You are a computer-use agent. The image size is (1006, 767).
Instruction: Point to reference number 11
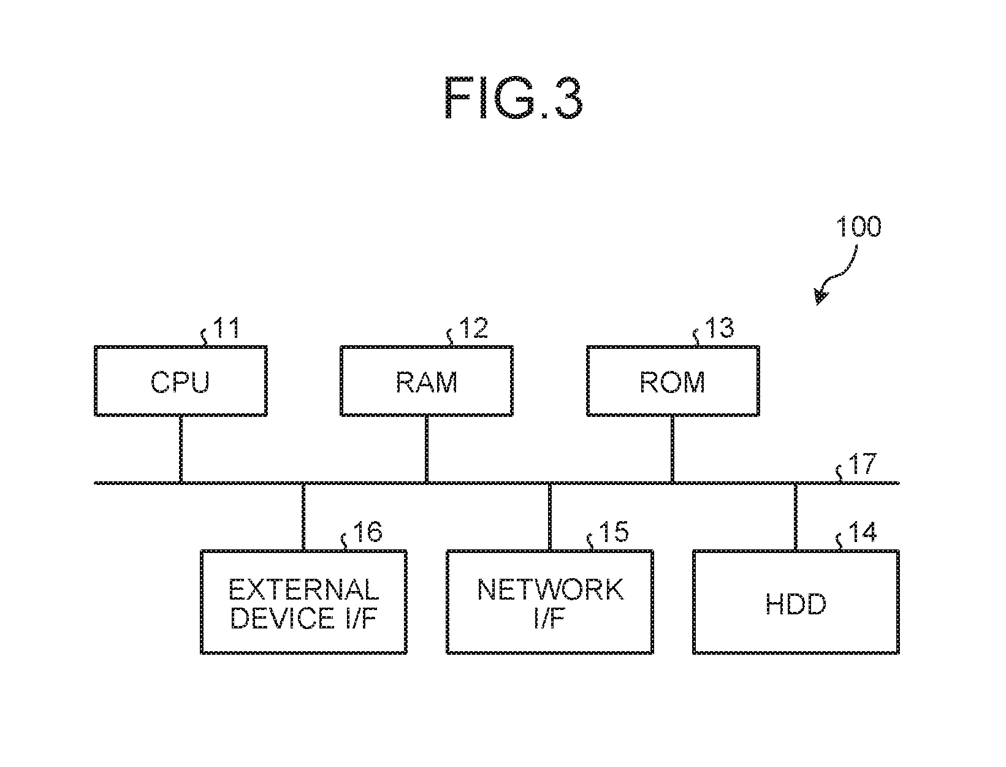click(226, 328)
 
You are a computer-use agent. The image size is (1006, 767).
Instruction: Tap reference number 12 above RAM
click(473, 328)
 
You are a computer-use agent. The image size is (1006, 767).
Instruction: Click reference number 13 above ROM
click(720, 328)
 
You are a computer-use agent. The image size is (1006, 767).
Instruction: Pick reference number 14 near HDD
click(863, 532)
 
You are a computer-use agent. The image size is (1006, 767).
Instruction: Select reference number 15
click(614, 532)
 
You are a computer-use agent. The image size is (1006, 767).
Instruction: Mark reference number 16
click(368, 532)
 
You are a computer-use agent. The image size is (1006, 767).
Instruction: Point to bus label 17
click(863, 464)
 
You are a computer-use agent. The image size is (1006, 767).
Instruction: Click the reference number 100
click(858, 227)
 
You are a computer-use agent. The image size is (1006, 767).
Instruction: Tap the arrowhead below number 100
click(820, 297)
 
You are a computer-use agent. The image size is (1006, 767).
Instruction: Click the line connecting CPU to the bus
click(181, 449)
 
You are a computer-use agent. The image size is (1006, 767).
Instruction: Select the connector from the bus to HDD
click(795, 517)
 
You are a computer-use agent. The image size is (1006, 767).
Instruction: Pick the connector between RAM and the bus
click(427, 449)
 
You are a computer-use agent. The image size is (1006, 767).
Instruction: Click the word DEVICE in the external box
click(283, 618)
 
